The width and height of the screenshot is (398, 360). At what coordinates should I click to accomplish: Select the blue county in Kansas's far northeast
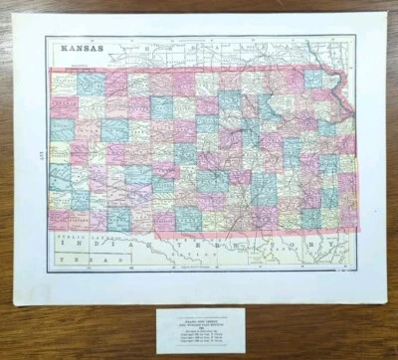(x=315, y=79)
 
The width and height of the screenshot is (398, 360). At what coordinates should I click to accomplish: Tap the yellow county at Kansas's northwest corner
(x=62, y=83)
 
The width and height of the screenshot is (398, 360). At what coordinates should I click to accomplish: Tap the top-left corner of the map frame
(x=47, y=37)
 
